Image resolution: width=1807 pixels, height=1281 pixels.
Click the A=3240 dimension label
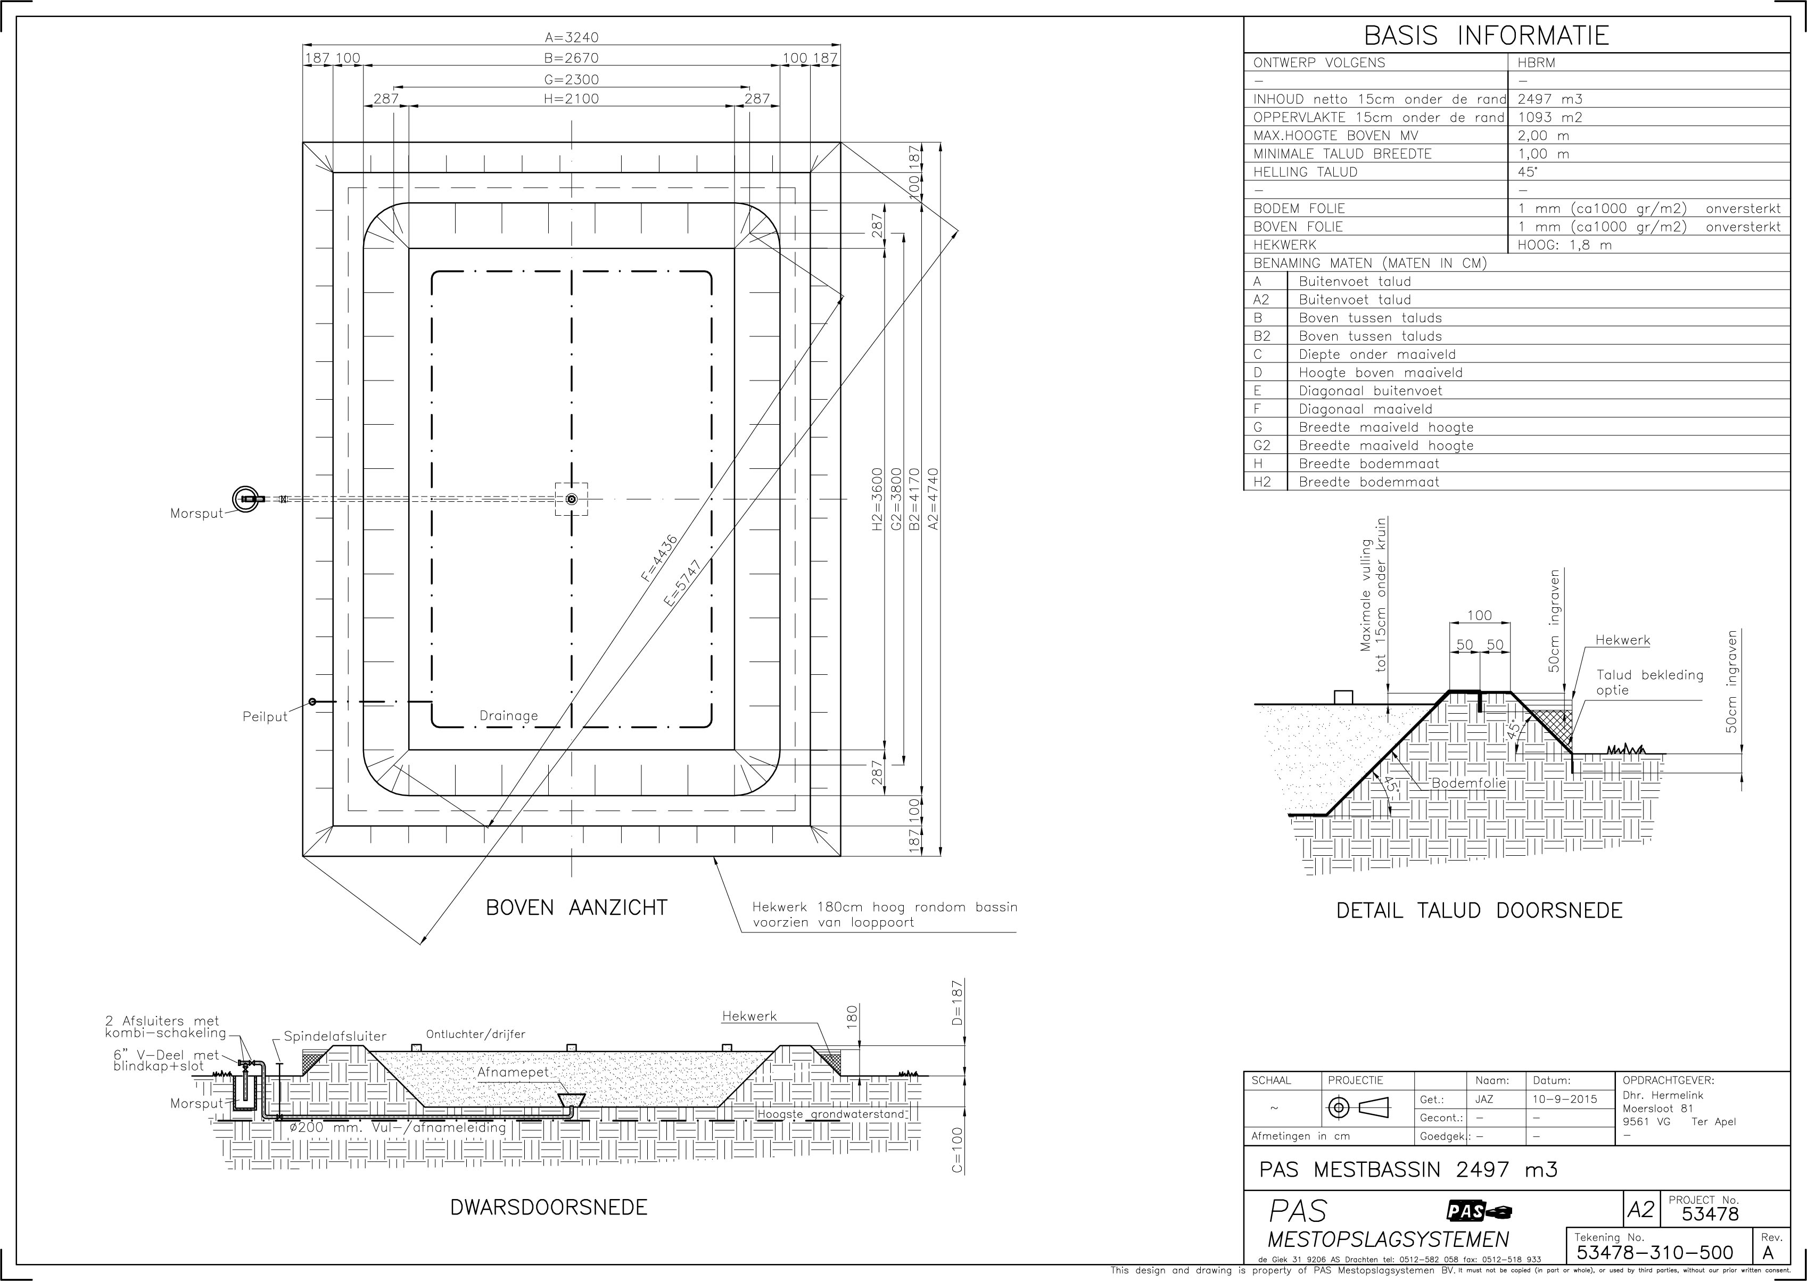point(571,37)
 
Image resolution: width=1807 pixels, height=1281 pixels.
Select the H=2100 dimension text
point(571,98)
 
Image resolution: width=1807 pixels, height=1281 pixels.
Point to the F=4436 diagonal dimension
point(658,558)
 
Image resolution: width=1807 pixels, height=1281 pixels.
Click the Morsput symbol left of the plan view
point(246,499)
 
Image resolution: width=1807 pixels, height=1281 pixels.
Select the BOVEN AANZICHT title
point(576,908)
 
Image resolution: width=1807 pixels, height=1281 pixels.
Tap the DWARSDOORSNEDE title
point(549,1207)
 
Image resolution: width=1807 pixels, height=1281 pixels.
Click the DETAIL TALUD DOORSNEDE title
point(1479,911)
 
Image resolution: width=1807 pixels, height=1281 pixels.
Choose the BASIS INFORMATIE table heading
point(1486,36)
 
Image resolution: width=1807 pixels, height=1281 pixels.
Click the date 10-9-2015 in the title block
point(1565,1099)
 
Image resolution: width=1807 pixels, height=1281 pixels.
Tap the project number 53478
point(1710,1214)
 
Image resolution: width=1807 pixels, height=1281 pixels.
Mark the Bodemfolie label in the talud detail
point(1468,783)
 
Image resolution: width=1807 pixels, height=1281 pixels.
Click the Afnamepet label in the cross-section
point(513,1073)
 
